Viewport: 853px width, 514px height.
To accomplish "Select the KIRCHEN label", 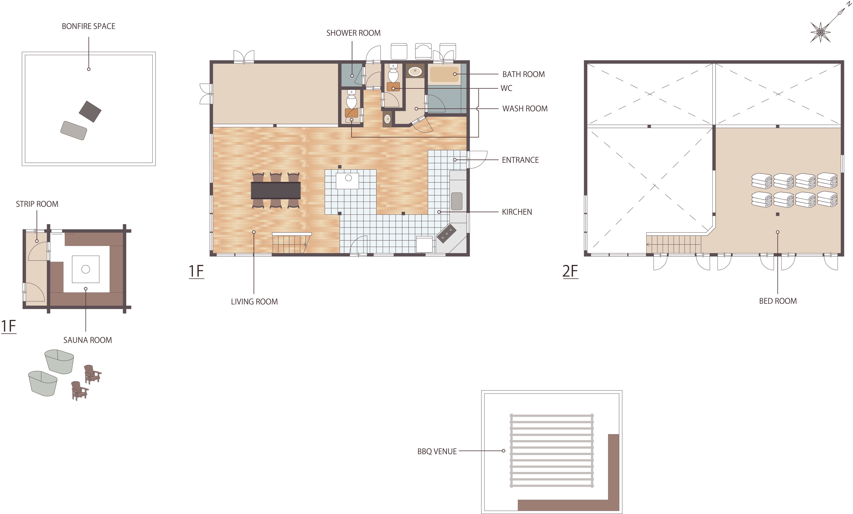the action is (x=517, y=212).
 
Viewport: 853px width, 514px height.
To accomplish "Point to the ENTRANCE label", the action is (x=520, y=160).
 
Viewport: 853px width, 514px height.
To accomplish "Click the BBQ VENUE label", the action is (x=437, y=451).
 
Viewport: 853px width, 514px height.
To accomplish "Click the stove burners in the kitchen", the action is (x=447, y=233).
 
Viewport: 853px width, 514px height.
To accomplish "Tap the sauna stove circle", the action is (x=86, y=269).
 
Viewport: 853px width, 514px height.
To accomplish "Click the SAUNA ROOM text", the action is (x=88, y=340).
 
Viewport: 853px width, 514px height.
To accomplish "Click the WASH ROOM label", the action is (x=525, y=109).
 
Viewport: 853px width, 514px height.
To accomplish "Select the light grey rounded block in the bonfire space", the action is (x=74, y=131).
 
